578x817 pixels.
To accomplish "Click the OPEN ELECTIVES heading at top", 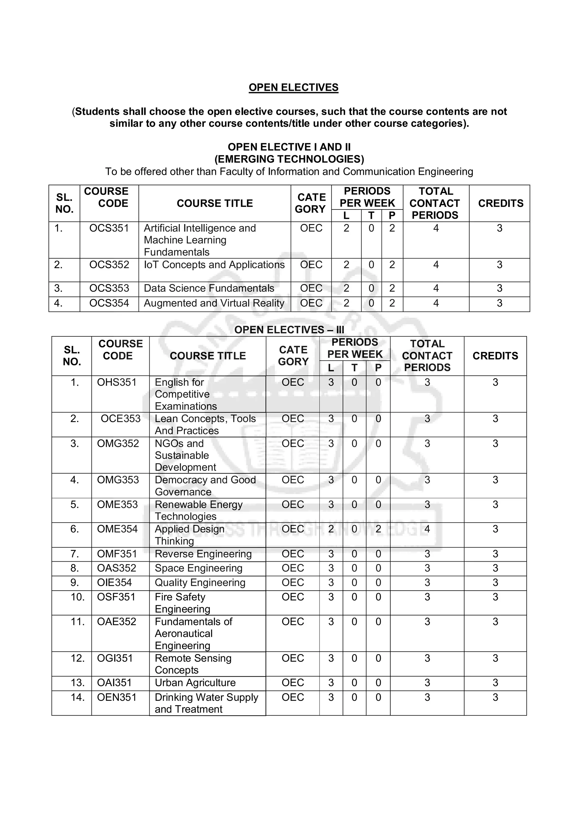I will pos(293,87).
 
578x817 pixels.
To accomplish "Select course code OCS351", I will pos(109,228).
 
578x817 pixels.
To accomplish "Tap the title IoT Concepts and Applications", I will pos(214,265).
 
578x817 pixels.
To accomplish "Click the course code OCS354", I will pos(109,303).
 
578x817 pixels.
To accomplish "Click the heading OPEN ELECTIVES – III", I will pos(289,330).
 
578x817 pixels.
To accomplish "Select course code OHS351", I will pos(117,382).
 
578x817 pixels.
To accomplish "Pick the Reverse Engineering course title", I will pos(203,554).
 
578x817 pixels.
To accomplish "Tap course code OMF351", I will pos(117,554).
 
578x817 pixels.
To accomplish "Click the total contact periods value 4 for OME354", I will pos(427,529).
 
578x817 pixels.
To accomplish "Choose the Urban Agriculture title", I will pos(195,683).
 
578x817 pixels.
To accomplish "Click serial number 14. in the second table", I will pos(77,697).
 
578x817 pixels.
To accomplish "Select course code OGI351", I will pos(115,658).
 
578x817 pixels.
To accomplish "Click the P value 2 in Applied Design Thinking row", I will pos(378,529).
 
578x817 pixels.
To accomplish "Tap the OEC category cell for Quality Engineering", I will pos(292,582).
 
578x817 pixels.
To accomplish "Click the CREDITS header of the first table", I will pos(500,203).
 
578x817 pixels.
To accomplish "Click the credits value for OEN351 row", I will pos(495,697).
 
